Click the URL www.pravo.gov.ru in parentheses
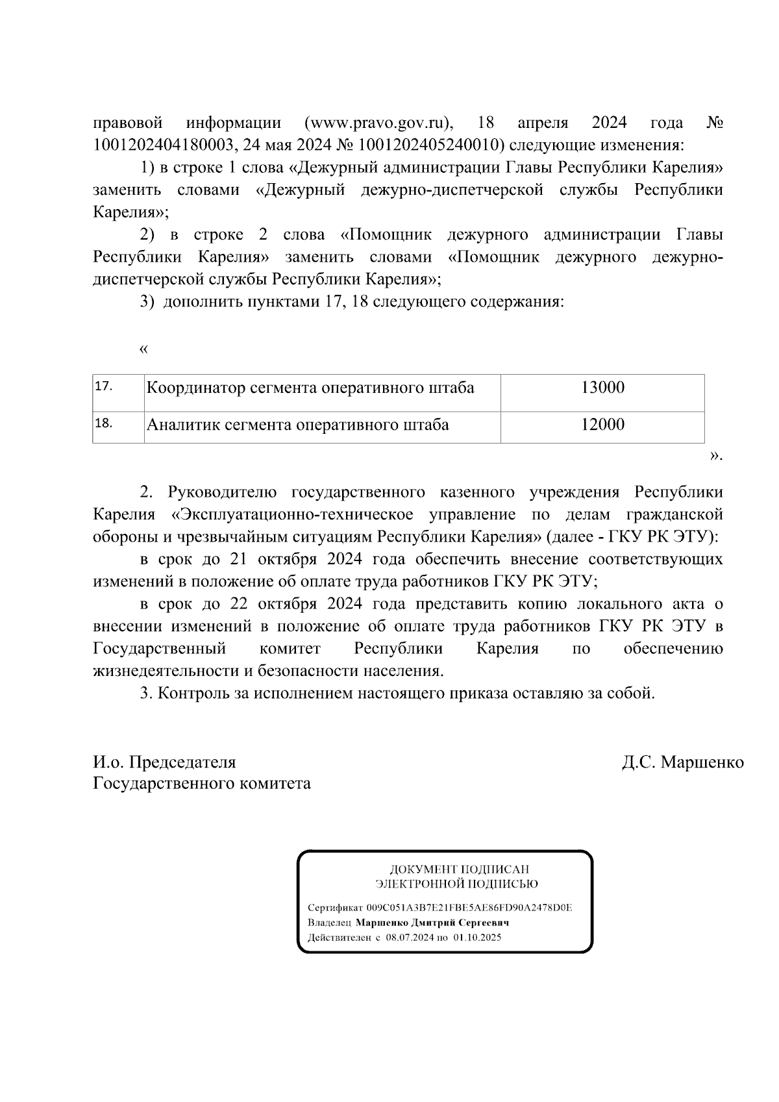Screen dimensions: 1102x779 click(x=378, y=123)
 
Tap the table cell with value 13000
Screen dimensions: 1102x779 click(x=602, y=388)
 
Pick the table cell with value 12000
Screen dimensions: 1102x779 click(x=602, y=425)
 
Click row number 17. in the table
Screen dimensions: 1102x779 click(x=104, y=386)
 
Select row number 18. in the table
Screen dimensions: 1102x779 click(x=104, y=423)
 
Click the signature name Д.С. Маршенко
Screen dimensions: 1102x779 click(x=682, y=762)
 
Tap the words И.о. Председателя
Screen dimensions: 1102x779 click(x=164, y=762)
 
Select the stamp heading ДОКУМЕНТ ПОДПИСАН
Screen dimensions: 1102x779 click(x=459, y=869)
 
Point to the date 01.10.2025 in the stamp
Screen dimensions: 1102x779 click(x=478, y=938)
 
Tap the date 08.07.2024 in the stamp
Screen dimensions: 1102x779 click(x=409, y=938)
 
